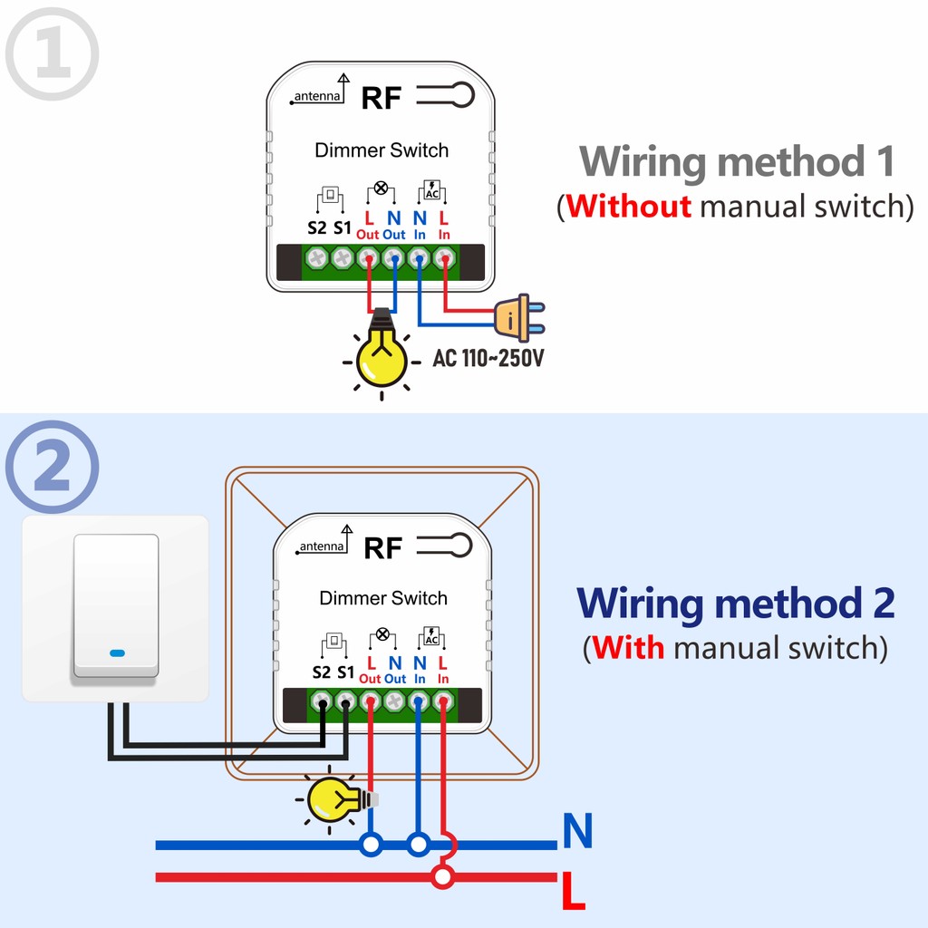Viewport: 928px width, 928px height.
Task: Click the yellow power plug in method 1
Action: (x=514, y=316)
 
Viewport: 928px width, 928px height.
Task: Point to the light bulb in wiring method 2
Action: (x=333, y=798)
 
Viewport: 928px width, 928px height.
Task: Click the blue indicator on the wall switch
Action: (x=117, y=652)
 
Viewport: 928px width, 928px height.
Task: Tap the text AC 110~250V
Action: (x=488, y=358)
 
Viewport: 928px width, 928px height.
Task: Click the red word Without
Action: (x=629, y=207)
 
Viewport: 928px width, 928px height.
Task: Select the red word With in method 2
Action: (x=629, y=648)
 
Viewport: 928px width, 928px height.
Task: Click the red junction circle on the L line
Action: (x=442, y=876)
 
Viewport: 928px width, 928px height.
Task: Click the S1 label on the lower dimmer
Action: (x=345, y=672)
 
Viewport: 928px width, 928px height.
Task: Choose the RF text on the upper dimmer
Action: (x=381, y=98)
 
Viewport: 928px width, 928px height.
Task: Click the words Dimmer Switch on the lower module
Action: (x=383, y=598)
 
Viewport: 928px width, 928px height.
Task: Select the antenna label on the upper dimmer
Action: (x=316, y=96)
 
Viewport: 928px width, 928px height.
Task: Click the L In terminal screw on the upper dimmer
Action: (x=444, y=258)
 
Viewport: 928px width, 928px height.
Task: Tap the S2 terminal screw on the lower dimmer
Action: (x=322, y=701)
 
